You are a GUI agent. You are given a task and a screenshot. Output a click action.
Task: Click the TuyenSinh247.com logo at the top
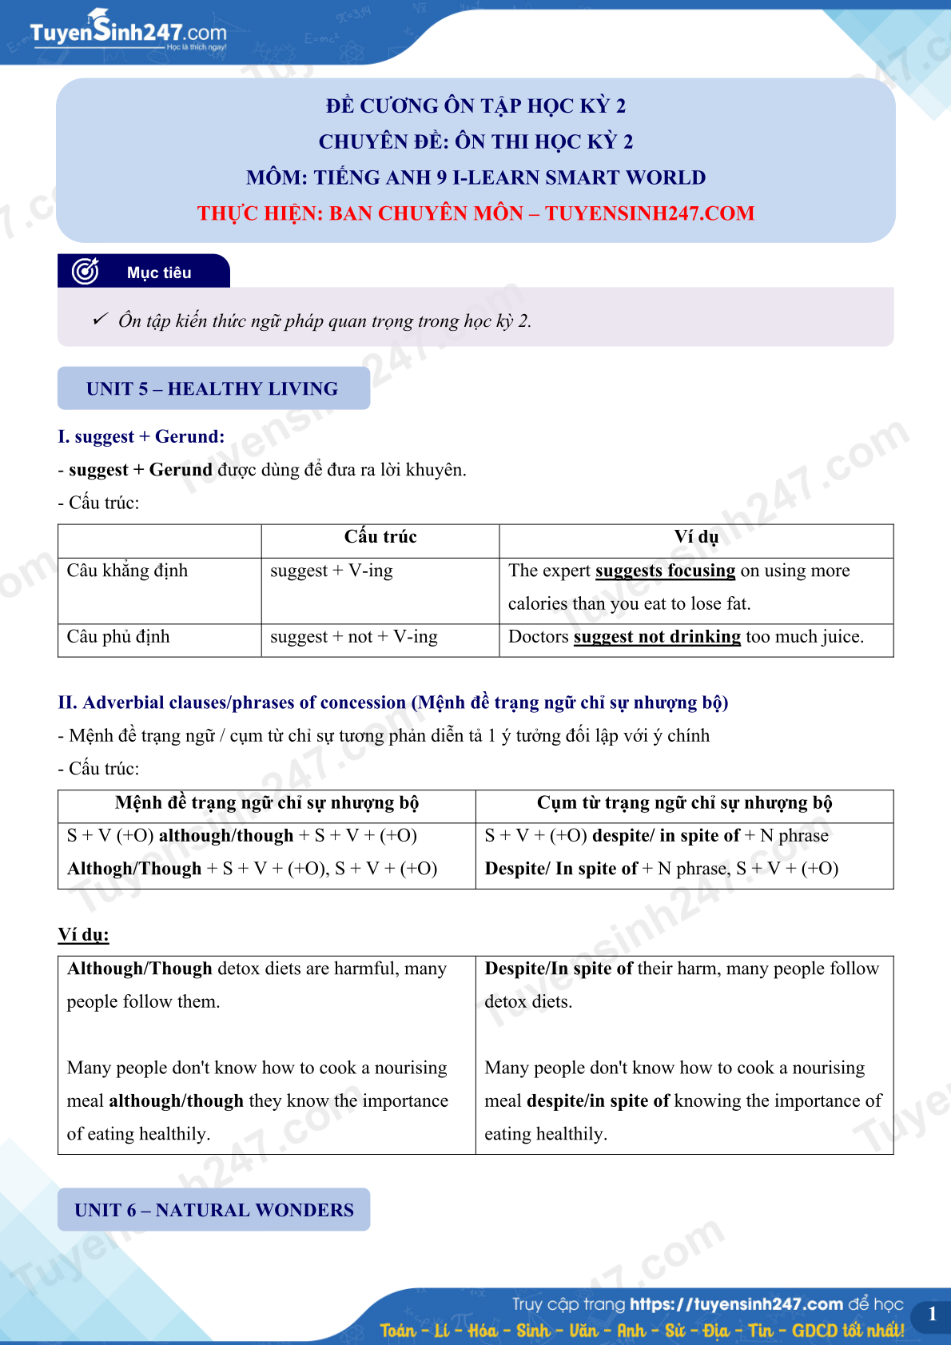(x=128, y=32)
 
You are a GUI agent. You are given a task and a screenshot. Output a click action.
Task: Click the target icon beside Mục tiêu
(x=86, y=272)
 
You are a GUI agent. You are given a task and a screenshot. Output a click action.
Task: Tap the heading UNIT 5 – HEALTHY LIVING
(x=213, y=389)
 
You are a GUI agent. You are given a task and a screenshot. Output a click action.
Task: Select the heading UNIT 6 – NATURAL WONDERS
(x=213, y=1210)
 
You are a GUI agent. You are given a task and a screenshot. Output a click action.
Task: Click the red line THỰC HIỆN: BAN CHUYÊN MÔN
(x=475, y=213)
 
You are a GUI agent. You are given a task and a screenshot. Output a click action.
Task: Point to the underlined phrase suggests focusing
(x=665, y=571)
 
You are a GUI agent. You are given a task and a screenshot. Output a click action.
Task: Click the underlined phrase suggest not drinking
(x=657, y=637)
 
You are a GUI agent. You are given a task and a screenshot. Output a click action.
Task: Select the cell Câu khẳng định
(x=127, y=571)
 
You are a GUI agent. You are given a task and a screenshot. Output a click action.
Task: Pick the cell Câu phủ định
(x=118, y=637)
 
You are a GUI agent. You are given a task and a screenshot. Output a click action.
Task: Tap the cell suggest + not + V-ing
(x=354, y=637)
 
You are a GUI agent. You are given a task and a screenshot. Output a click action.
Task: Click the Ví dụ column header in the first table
(x=696, y=537)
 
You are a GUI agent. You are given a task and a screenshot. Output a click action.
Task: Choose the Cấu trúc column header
(x=380, y=537)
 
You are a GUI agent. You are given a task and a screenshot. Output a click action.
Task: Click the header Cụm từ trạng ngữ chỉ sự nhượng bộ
(x=684, y=803)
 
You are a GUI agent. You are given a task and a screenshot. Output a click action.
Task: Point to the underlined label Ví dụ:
(x=83, y=935)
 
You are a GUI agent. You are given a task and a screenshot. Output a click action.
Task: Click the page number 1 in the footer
(x=932, y=1314)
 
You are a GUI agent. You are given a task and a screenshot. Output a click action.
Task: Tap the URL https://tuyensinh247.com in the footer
(x=736, y=1304)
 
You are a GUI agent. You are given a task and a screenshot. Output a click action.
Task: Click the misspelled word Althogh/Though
(x=134, y=869)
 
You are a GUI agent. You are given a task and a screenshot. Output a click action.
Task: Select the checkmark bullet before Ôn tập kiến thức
(x=100, y=320)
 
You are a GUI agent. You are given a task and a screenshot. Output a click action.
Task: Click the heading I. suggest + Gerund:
(x=141, y=436)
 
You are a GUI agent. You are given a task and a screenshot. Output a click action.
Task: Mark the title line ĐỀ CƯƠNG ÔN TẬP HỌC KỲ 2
(x=475, y=105)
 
